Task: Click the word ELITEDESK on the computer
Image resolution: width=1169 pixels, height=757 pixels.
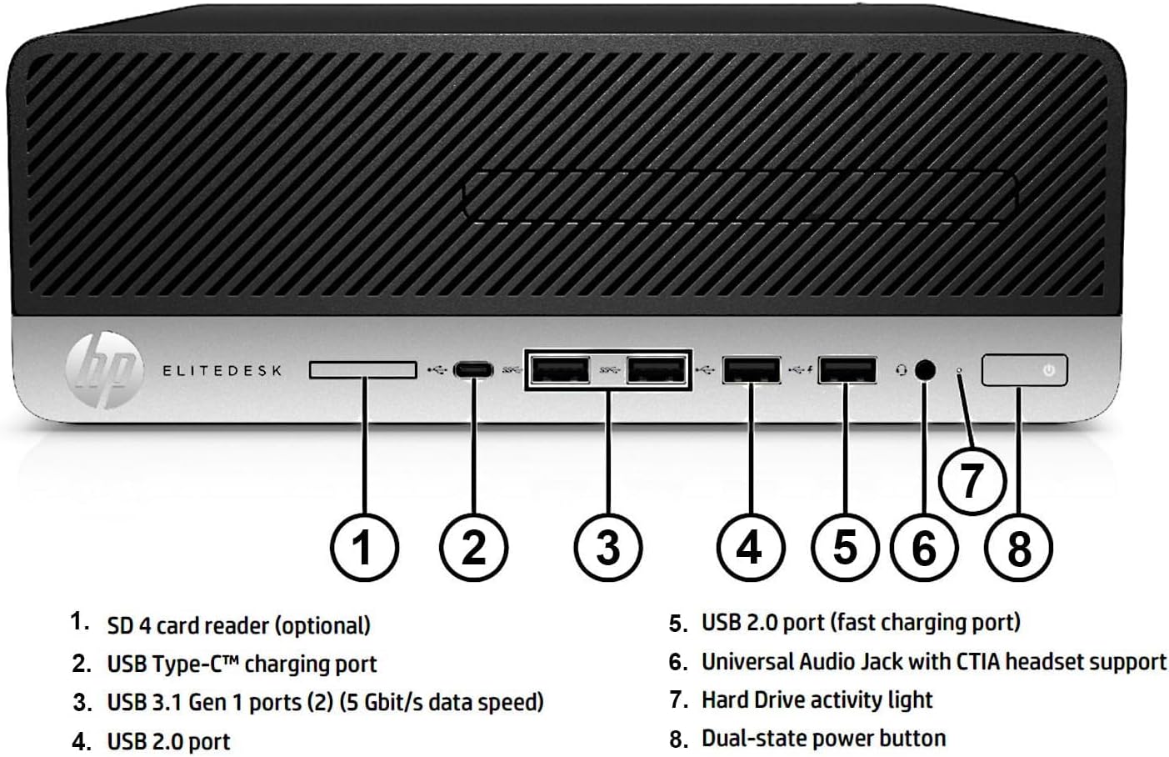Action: coord(222,370)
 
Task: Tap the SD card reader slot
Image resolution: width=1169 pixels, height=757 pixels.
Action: coord(362,369)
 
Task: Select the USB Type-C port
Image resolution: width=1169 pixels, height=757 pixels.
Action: coord(473,370)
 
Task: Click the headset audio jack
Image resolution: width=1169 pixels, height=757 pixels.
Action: coord(925,369)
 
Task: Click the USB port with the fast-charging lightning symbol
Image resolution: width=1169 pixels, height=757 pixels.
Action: coord(847,369)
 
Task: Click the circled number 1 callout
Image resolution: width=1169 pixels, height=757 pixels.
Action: coord(363,548)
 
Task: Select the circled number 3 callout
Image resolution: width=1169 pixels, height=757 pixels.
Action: coord(608,548)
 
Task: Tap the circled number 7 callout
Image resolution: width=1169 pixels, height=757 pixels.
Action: coord(972,481)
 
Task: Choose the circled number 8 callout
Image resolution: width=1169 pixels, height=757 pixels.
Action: coord(1018,548)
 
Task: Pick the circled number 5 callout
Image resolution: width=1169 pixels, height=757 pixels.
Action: coord(845,548)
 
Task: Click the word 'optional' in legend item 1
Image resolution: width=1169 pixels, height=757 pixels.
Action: coord(322,625)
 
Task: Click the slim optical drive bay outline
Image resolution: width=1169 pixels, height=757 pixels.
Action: coord(739,196)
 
